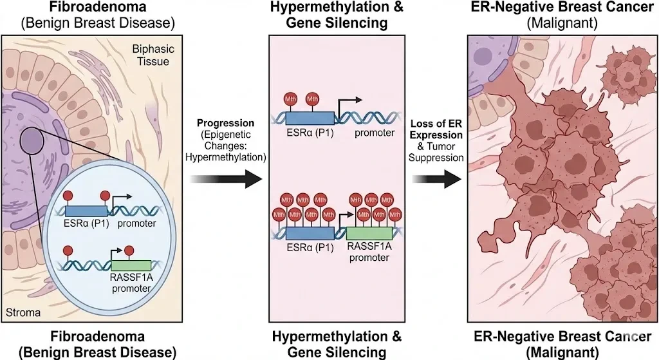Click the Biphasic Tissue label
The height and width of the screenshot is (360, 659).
[x=151, y=55]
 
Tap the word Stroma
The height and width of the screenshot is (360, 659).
[x=23, y=312]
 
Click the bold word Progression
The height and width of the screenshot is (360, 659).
[x=227, y=122]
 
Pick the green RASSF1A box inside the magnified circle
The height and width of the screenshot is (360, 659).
[x=131, y=265]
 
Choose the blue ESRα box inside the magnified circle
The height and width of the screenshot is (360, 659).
[x=86, y=210]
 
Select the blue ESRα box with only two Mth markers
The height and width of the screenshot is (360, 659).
[x=310, y=118]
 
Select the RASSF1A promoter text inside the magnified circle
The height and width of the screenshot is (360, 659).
[x=131, y=283]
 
